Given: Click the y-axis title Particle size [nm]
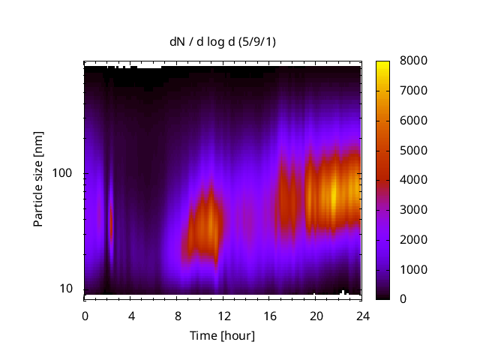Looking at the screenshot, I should (38, 180).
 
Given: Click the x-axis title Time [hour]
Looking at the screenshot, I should (222, 335).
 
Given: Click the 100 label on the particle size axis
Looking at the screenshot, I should (62, 173).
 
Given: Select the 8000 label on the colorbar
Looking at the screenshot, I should (413, 61).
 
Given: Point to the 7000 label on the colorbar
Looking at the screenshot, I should (413, 91).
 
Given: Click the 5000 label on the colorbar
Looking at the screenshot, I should (413, 150).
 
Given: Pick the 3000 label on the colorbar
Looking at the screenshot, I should (413, 210).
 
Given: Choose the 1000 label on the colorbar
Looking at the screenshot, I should (413, 269).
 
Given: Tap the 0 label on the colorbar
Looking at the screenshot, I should (403, 299).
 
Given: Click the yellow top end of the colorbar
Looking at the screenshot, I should (383, 64).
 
